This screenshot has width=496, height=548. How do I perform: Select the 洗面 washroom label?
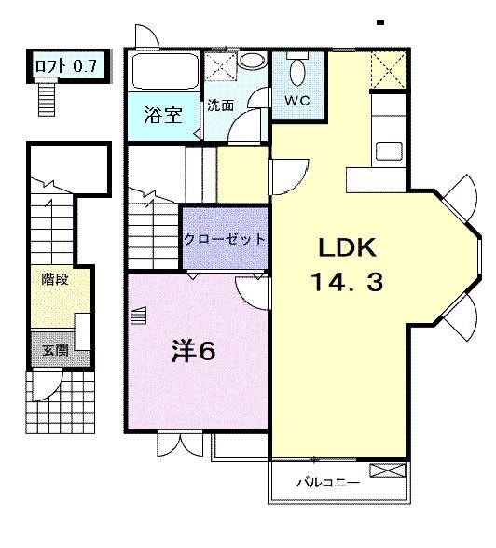(220, 105)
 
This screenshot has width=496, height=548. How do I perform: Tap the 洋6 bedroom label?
(193, 351)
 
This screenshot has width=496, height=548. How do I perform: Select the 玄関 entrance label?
(54, 351)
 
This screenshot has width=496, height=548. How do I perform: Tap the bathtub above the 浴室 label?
(162, 71)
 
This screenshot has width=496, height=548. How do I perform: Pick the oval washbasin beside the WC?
(252, 61)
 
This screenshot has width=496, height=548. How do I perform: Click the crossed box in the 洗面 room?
(220, 66)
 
